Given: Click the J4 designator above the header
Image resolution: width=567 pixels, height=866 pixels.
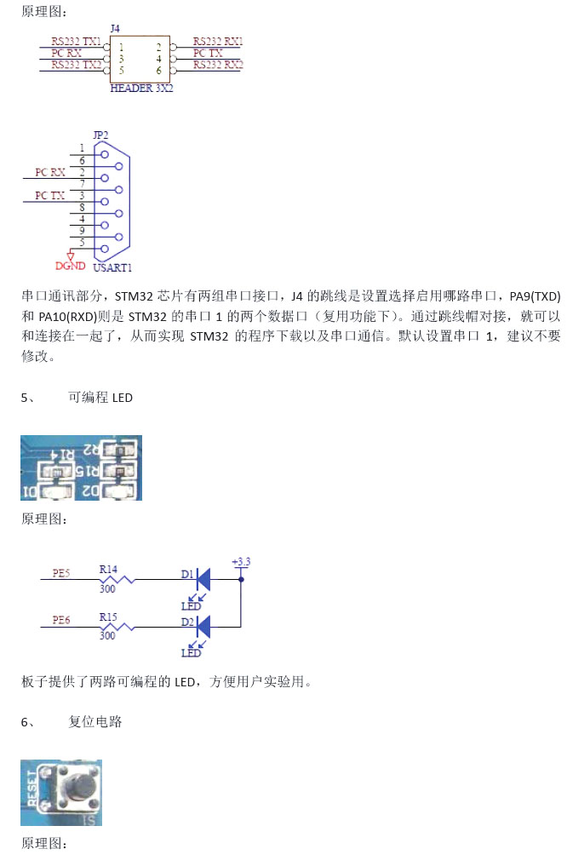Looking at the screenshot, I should click(x=115, y=28).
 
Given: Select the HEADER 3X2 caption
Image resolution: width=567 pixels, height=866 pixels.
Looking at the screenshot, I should click(x=141, y=88).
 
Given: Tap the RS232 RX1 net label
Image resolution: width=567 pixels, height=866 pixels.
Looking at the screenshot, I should click(x=217, y=41).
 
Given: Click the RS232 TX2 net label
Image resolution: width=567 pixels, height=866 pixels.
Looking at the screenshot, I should click(x=76, y=65).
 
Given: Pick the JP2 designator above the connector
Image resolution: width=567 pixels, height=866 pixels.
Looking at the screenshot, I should click(x=100, y=135).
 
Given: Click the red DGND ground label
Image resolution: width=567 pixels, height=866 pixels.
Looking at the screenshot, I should click(x=71, y=266).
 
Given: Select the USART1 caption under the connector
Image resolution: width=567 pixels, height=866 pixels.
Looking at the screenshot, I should click(x=112, y=267).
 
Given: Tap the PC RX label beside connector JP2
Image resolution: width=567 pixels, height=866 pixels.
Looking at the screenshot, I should click(x=50, y=172).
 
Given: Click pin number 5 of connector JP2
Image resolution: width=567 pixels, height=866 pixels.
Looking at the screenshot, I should click(x=82, y=243).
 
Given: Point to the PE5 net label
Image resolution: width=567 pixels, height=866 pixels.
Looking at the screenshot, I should click(x=60, y=573).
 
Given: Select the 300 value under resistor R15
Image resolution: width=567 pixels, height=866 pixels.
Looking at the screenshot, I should click(x=107, y=635).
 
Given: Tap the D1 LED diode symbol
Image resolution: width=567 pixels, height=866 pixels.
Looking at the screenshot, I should click(x=203, y=579).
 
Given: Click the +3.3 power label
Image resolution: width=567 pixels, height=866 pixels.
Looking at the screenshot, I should click(x=241, y=561).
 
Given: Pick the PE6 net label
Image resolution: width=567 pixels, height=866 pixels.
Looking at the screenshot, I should click(x=60, y=621).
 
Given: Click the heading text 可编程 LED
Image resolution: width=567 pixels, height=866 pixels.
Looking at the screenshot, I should click(x=100, y=398).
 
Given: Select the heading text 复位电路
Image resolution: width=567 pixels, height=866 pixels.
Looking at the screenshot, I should click(x=95, y=722).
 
